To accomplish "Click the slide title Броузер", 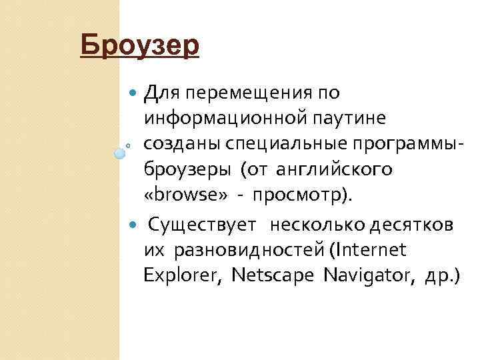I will tap(139, 46).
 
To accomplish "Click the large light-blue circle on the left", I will tap(120, 153).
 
